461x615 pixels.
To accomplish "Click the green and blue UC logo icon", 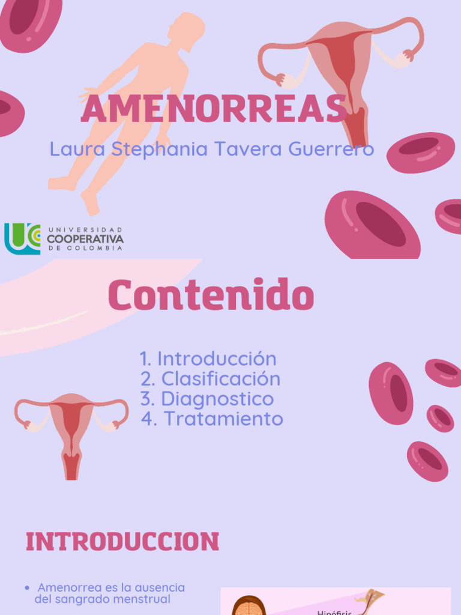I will pyautogui.click(x=22, y=238).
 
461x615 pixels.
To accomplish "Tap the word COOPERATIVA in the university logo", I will pyautogui.click(x=85, y=239).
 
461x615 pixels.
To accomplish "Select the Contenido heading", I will pyautogui.click(x=211, y=295).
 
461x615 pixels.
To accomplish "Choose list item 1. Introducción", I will pyautogui.click(x=208, y=359).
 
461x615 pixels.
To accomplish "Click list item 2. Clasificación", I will pyautogui.click(x=210, y=379).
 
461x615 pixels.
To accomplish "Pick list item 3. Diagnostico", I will pyautogui.click(x=207, y=399).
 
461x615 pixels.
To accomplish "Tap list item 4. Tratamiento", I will pyautogui.click(x=212, y=419).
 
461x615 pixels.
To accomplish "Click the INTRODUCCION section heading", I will pyautogui.click(x=122, y=542).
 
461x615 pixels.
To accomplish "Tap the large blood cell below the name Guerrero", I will pyautogui.click(x=372, y=225).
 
